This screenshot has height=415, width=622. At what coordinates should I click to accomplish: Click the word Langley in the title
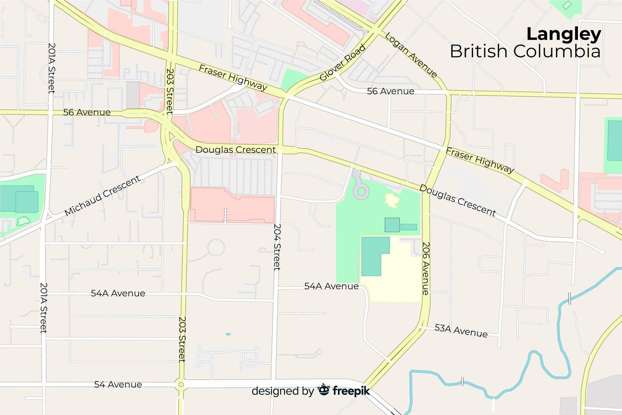[564, 35]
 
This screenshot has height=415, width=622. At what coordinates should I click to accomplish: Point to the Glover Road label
[342, 63]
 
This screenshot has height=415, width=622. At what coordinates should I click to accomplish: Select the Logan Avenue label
[411, 55]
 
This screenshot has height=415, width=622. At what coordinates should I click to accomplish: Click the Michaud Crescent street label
[103, 196]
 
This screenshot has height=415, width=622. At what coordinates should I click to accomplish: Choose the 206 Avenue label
[426, 268]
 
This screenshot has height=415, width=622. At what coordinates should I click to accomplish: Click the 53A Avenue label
[461, 331]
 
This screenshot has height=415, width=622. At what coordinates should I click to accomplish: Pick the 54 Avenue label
[118, 384]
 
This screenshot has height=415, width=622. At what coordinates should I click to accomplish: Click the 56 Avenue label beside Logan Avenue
[390, 91]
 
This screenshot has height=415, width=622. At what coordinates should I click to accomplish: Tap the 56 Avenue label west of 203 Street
[87, 112]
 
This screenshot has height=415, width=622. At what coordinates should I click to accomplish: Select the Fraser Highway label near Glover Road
[232, 77]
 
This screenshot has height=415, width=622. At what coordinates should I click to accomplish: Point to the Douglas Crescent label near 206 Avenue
[457, 200]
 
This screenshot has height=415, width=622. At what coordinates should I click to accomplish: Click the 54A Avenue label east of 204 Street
[331, 286]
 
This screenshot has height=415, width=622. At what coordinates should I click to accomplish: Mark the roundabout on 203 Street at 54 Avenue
[181, 384]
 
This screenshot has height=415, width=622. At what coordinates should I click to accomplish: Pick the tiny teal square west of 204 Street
[228, 334]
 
